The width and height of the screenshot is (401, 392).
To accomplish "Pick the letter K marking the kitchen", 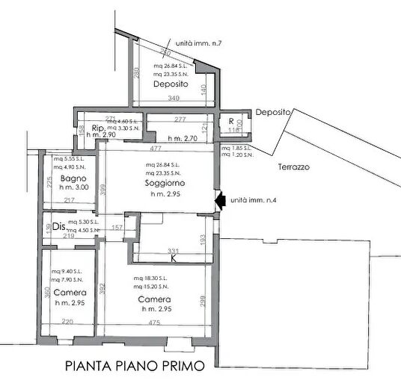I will (x=174, y=259).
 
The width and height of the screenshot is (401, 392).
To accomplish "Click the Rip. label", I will (x=97, y=128).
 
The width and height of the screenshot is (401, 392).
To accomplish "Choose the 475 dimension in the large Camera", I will (x=154, y=323).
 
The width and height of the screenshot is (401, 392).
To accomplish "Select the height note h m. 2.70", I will (x=181, y=139).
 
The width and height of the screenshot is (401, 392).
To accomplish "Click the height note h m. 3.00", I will (x=75, y=190).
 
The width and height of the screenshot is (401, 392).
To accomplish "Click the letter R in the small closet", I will (x=230, y=121).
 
